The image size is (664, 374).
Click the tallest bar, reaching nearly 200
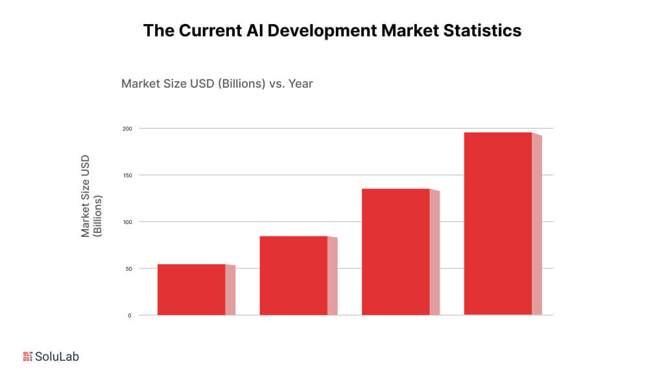click(498, 224)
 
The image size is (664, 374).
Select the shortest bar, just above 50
click(191, 290)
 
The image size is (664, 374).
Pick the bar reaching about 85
click(293, 275)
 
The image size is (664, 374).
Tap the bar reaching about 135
click(396, 252)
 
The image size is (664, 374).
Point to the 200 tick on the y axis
click(128, 129)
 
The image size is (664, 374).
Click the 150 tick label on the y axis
click(128, 175)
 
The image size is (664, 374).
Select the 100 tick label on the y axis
click(128, 222)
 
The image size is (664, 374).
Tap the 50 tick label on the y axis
click(129, 269)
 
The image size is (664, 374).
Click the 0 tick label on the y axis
click(130, 316)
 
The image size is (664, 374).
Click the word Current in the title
click(206, 31)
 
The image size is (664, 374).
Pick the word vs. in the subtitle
click(277, 84)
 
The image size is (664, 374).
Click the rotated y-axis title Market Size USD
click(86, 196)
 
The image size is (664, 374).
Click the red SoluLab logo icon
click(27, 356)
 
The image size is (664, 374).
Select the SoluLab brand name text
click(57, 356)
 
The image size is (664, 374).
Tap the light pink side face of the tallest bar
click(537, 225)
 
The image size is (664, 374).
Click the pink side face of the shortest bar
click(230, 290)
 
